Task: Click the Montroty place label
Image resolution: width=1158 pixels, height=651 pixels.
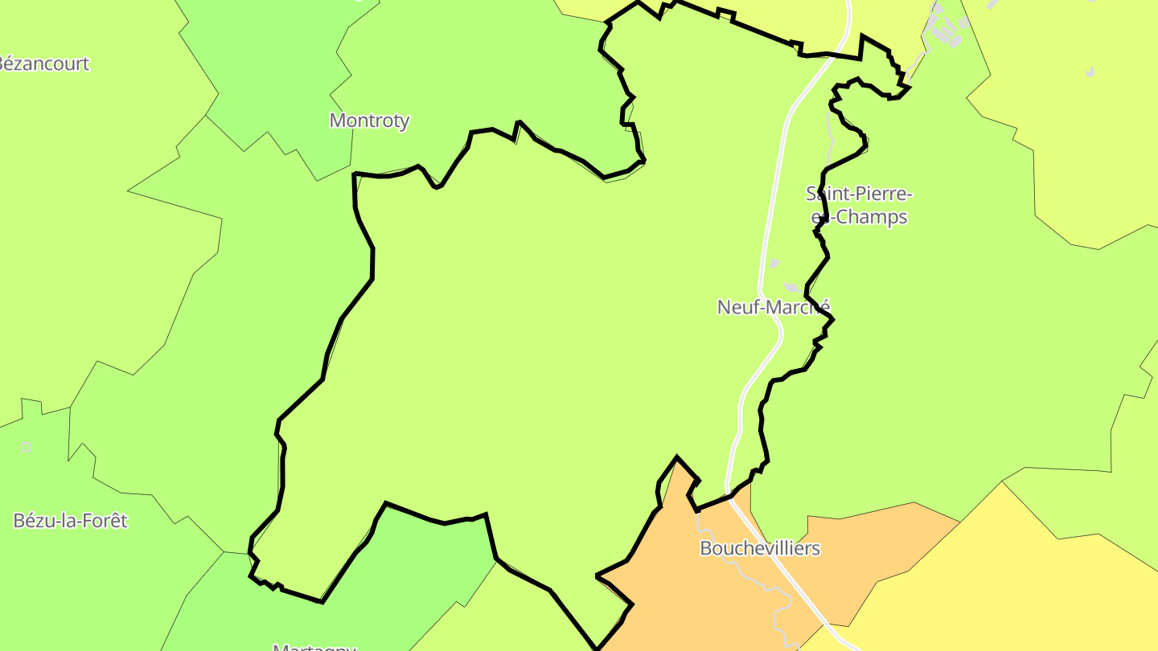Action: (369, 121)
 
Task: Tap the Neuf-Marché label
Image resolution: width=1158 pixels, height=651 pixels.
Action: (773, 307)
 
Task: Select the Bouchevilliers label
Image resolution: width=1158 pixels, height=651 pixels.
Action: (760, 548)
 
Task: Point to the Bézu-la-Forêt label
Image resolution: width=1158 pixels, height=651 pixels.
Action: (71, 521)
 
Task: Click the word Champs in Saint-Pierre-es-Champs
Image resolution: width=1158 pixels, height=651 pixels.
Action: (872, 217)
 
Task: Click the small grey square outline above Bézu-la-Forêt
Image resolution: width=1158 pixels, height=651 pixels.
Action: (27, 447)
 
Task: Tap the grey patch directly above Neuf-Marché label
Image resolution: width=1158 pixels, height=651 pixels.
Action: (792, 288)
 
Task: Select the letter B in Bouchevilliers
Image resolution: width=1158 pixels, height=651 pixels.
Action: (706, 548)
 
